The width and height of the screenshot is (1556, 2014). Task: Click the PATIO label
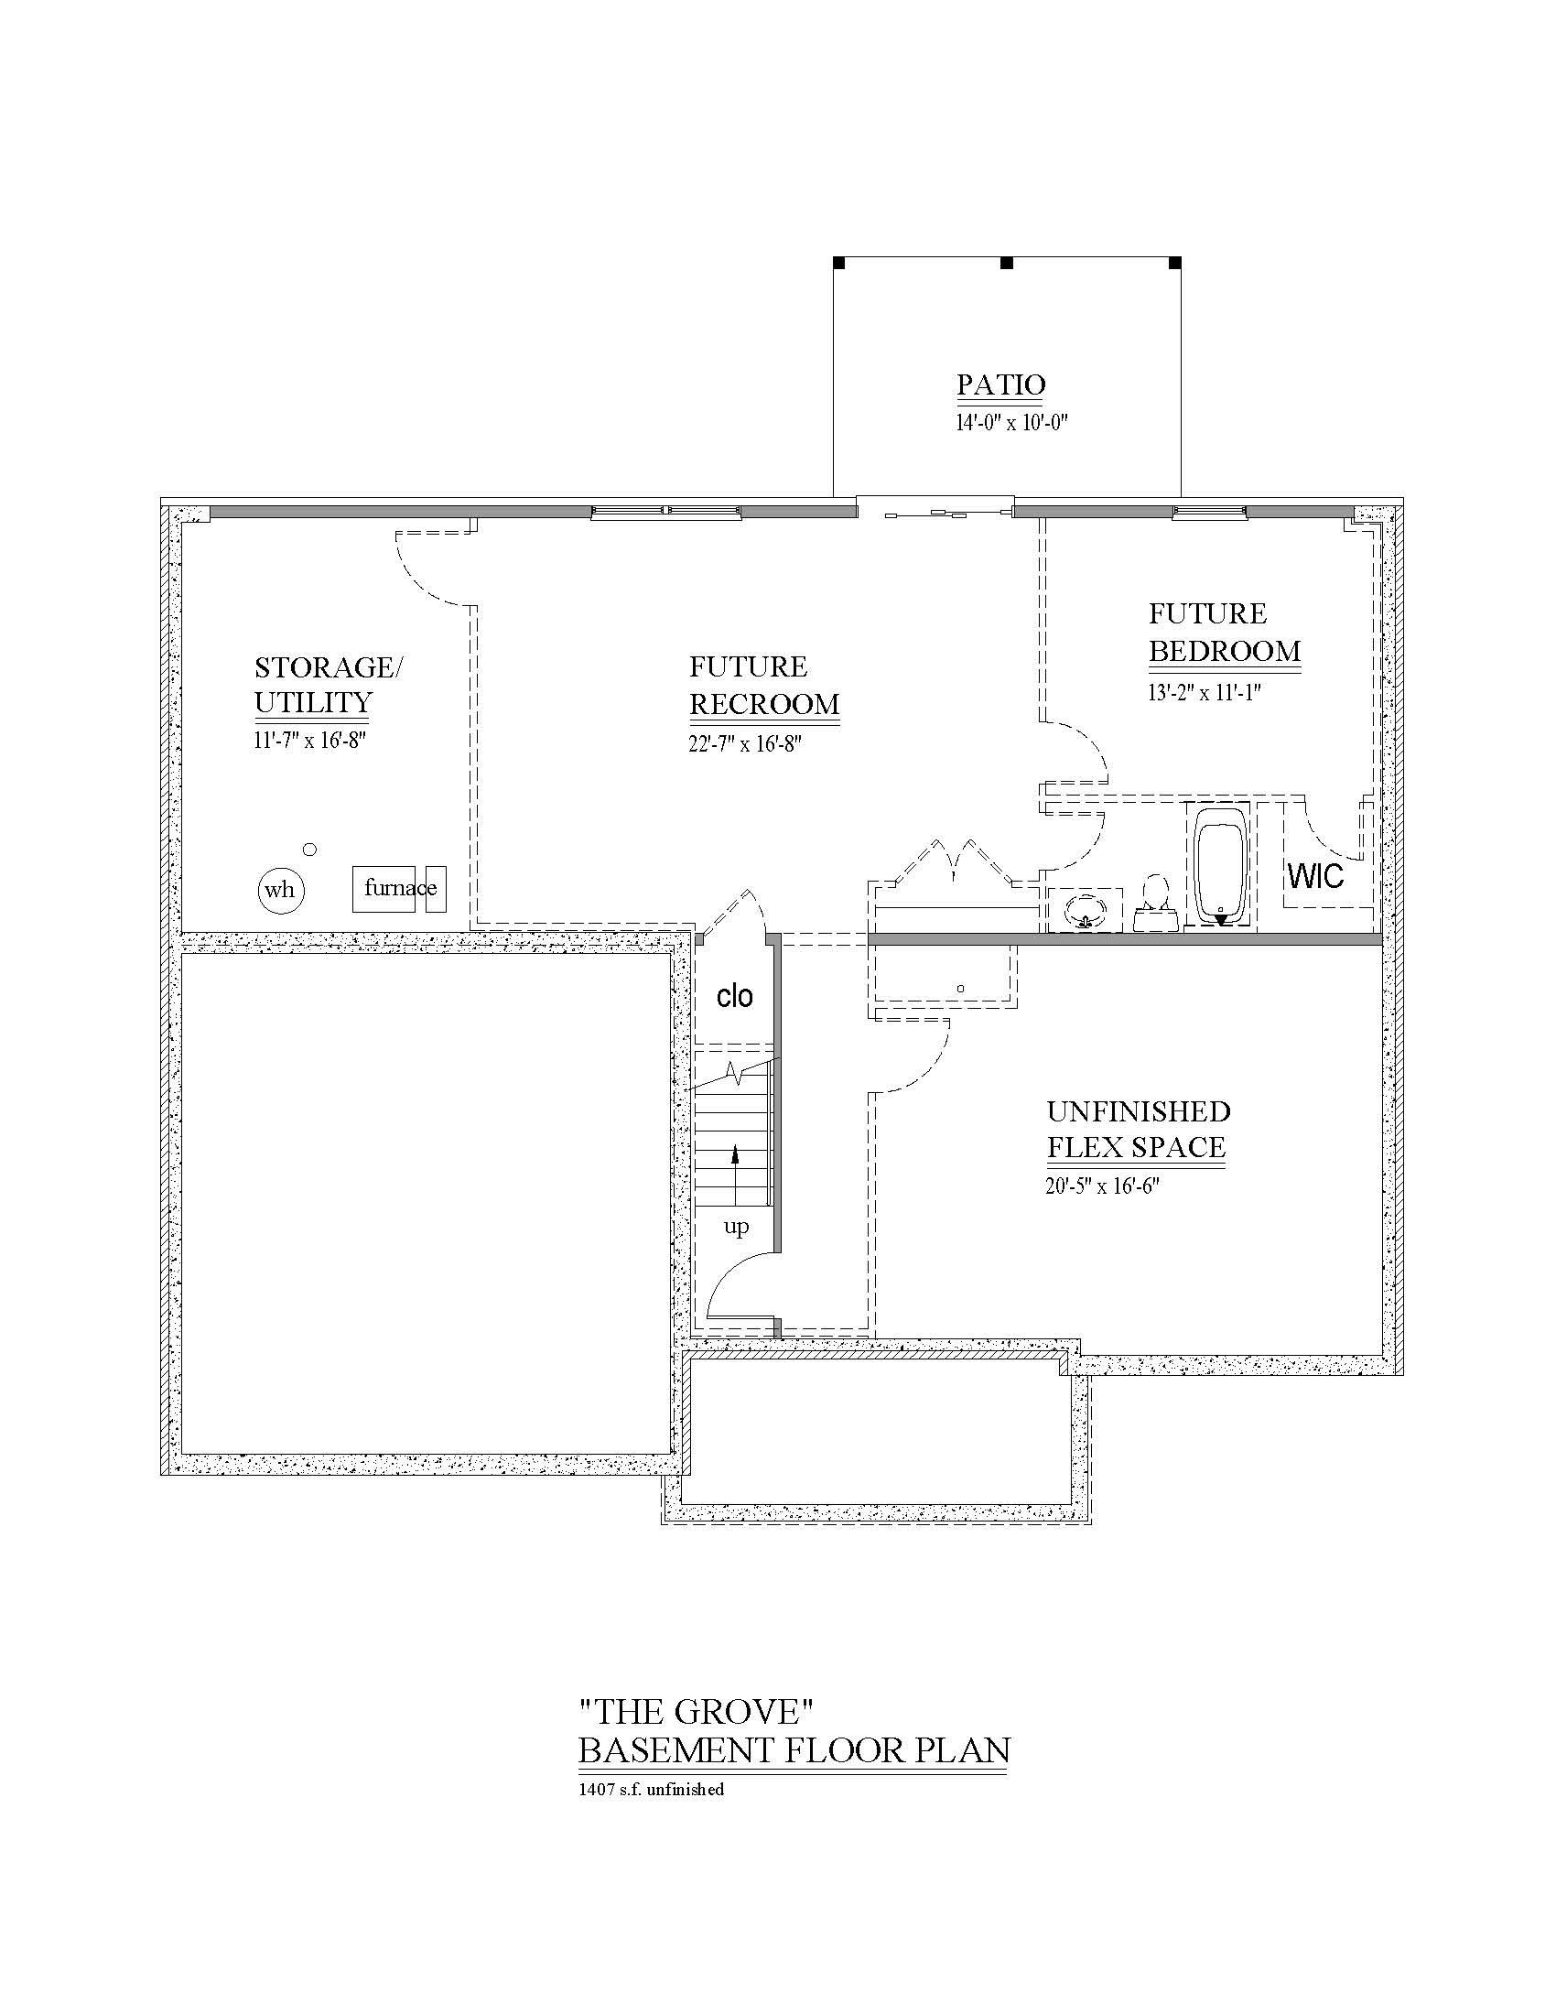1000,384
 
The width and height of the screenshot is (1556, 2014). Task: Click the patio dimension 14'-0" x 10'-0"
1011,423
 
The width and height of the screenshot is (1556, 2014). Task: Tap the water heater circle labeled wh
280,890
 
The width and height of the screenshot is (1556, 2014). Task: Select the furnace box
384,889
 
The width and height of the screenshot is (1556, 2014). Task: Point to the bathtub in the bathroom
1220,866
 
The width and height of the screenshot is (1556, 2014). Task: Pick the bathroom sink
1085,910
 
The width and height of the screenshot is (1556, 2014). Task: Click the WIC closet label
1315,876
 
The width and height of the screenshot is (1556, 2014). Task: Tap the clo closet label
735,996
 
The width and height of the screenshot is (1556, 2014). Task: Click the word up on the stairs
736,1227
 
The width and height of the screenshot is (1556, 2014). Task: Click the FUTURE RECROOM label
764,685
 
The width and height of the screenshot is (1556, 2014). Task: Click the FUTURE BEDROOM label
1223,633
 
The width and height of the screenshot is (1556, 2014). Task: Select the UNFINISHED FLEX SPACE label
1138,1130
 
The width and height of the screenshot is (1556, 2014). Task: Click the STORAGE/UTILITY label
328,684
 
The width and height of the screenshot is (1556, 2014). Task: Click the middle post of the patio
1007,263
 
